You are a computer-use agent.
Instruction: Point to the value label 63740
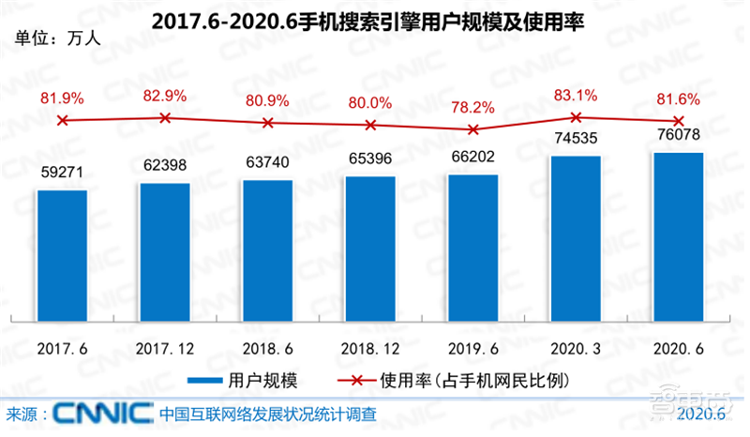(x=268, y=166)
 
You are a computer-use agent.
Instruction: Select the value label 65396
(x=370, y=162)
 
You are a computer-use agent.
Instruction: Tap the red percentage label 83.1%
(x=576, y=95)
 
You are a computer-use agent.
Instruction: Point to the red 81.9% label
(x=62, y=98)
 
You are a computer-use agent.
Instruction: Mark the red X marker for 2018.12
(x=370, y=125)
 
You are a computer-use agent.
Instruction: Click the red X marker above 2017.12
(x=165, y=117)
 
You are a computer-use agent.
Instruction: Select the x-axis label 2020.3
(x=576, y=348)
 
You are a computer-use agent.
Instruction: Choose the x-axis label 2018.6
(x=268, y=348)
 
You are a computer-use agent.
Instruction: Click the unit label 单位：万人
(x=57, y=39)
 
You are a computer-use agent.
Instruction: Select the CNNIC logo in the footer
(x=103, y=413)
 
